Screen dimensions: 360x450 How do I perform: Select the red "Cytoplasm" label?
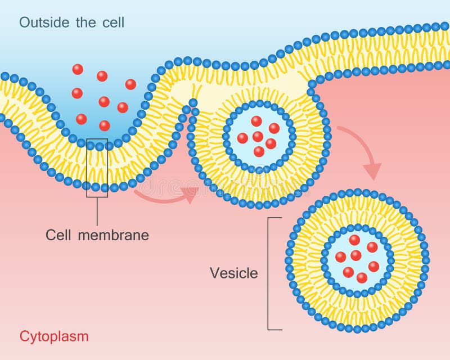(54, 336)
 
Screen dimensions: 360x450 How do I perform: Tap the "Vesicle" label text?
(234, 273)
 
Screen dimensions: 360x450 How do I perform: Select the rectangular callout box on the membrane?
(97, 168)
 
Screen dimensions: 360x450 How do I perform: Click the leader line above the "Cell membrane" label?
(97, 211)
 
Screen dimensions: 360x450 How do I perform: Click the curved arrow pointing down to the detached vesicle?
(363, 152)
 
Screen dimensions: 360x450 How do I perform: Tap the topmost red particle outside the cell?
(78, 69)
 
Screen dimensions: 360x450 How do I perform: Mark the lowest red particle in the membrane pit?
(105, 125)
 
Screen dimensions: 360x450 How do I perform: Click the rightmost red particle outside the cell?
(130, 84)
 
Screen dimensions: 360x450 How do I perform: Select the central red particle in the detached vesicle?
(355, 255)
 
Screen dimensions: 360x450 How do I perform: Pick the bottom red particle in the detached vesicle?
(362, 277)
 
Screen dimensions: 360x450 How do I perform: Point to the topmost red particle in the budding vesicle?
(256, 121)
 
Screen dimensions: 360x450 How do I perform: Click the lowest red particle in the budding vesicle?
(259, 151)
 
